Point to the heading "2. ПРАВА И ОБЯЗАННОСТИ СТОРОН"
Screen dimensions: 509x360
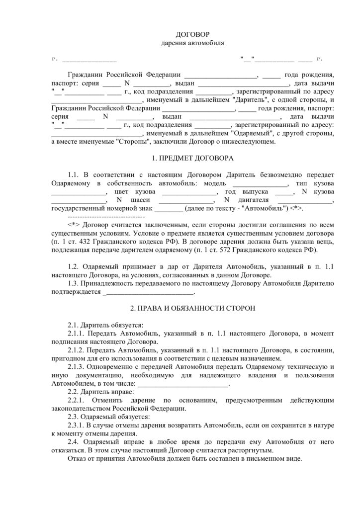pyautogui.click(x=192, y=308)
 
